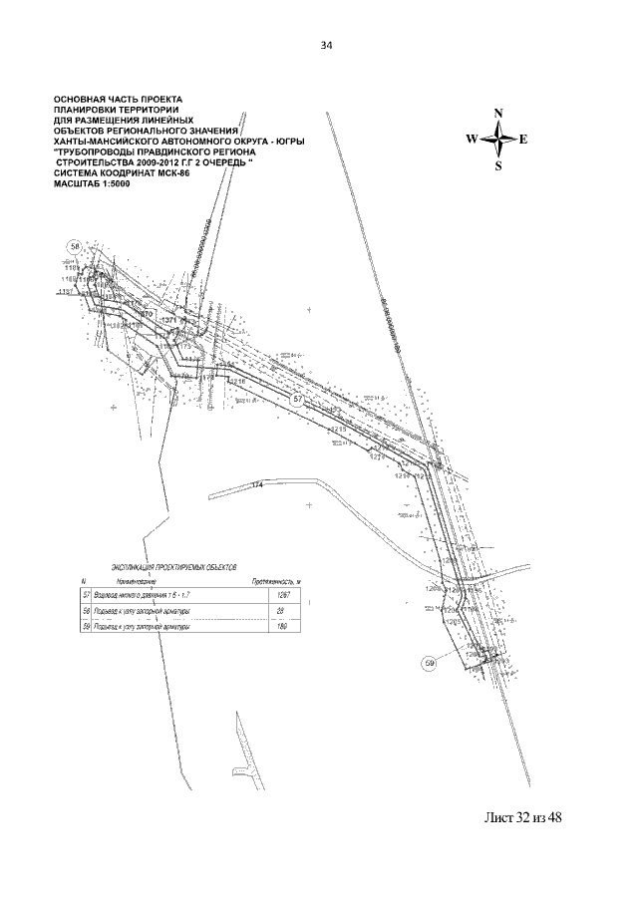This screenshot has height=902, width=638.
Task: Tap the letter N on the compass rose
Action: [x=498, y=112]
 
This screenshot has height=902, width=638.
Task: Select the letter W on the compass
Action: [x=473, y=139]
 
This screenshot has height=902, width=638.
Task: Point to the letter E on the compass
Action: [x=524, y=139]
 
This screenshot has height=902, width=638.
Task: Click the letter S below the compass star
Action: [x=498, y=166]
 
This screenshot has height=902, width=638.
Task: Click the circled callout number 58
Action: [x=74, y=245]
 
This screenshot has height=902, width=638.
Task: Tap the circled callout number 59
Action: [x=430, y=662]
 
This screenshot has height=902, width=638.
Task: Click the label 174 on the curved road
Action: [x=257, y=484]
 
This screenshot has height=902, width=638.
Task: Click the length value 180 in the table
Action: [x=282, y=628]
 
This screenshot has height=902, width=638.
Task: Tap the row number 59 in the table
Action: [x=86, y=628]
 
